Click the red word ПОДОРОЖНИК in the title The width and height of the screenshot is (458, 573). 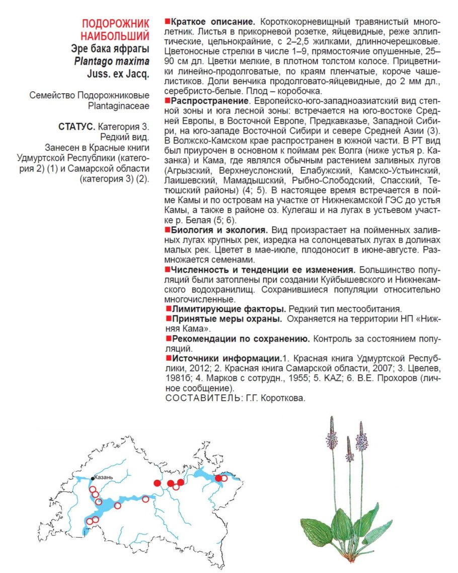116,24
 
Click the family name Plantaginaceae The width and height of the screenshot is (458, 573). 118,107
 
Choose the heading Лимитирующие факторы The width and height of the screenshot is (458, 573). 229,308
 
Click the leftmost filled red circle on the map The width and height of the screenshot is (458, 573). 157,483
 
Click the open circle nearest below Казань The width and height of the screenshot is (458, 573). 93,489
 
